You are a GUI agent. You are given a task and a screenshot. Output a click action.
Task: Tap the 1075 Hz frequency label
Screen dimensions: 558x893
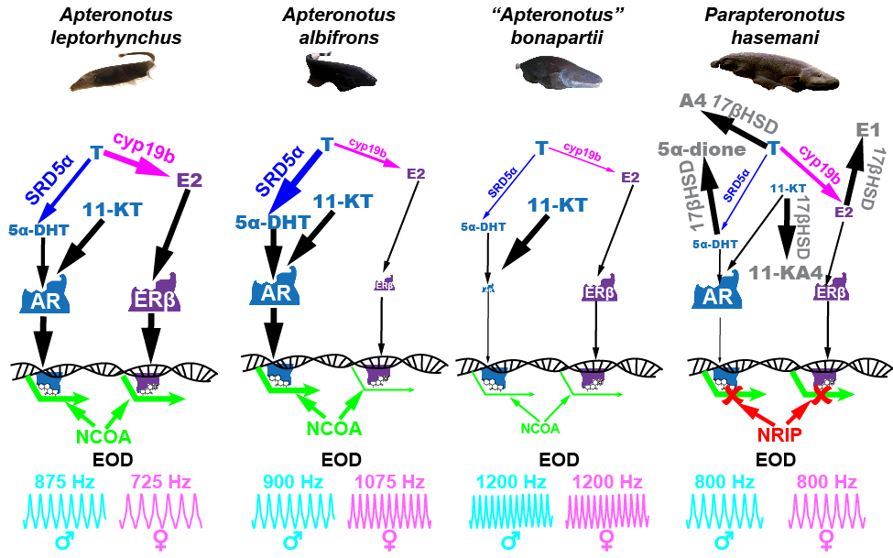click(387, 482)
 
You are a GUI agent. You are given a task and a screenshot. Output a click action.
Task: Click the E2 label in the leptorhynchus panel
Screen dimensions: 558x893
click(189, 180)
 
